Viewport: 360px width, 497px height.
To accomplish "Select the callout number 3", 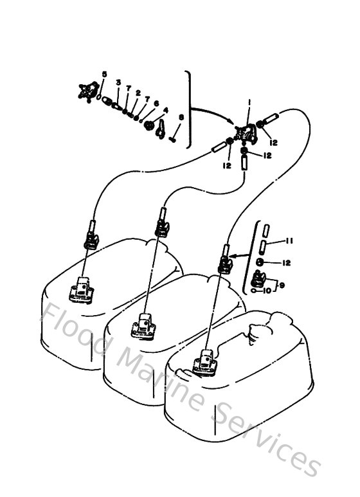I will (118, 82).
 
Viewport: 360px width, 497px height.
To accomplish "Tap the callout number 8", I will (181, 118).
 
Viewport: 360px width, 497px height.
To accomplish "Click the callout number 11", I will (289, 241).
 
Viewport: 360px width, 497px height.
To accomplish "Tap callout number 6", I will (156, 103).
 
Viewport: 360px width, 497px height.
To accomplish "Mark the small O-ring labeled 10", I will (258, 291).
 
